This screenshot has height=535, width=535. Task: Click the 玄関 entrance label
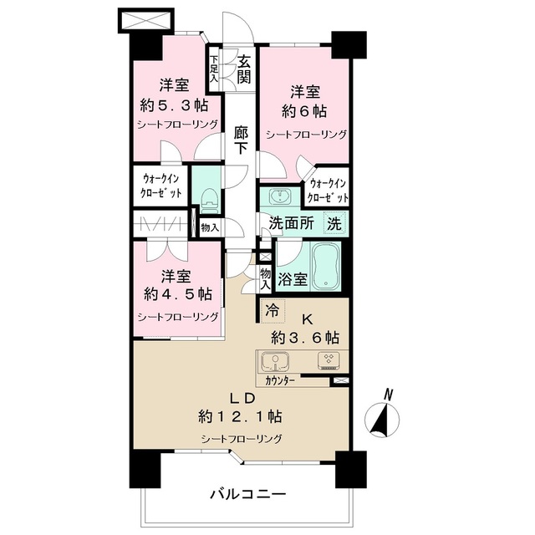244,69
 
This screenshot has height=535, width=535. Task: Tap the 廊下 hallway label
241,140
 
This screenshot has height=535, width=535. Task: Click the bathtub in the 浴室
326,267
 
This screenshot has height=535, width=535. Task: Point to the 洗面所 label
292,224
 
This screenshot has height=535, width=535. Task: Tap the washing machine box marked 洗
334,223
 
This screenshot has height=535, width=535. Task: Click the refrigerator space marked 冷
273,311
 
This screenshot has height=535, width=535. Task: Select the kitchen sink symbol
275,362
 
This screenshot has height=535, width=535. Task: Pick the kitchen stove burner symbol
329,361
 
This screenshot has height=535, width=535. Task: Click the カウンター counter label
280,381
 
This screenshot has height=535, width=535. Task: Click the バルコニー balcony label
248,494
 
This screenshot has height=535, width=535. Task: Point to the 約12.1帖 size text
240,416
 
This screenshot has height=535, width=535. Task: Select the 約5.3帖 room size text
175,105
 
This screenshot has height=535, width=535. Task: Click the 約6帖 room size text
304,111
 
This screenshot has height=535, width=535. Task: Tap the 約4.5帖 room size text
178,293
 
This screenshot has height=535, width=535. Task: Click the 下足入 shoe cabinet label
214,69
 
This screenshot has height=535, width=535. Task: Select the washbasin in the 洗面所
281,196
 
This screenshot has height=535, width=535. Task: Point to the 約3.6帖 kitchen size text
305,338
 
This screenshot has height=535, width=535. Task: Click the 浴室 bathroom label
293,280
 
